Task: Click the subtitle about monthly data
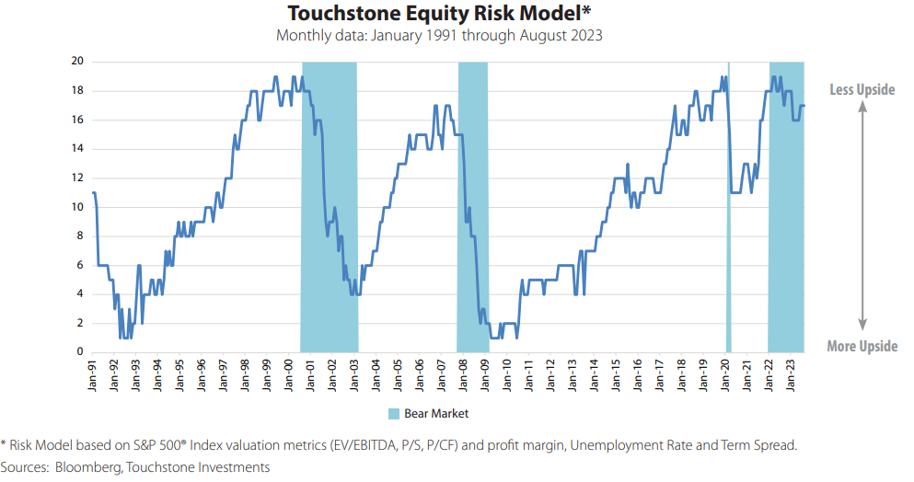point(440,36)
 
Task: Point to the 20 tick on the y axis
point(78,62)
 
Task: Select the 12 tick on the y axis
point(78,178)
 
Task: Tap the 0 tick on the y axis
point(81,352)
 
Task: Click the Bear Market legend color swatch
point(393,414)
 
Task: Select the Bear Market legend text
point(436,414)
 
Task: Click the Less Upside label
point(862,89)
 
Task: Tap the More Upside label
point(862,347)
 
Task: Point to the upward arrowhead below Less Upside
point(862,106)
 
